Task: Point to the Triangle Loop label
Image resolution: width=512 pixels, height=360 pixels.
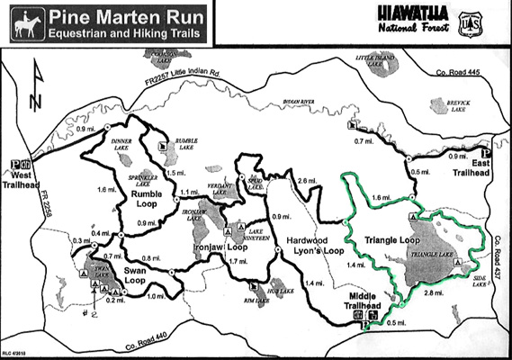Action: (x=393, y=241)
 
